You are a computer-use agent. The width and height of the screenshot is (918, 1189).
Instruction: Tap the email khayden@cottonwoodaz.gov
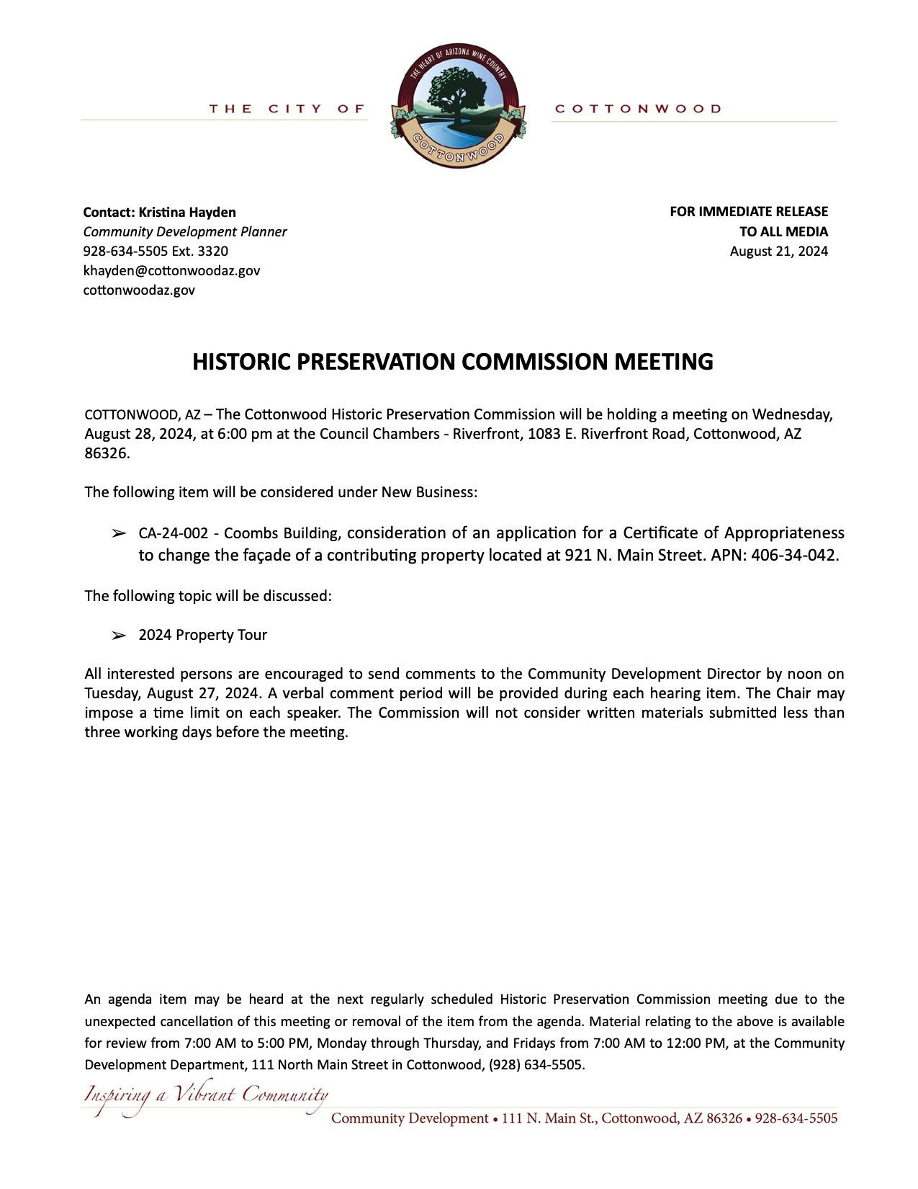pos(171,270)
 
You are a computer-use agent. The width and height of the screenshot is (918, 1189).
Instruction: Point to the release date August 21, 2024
pos(778,251)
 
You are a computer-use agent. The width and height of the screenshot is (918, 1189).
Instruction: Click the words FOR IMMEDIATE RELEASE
pos(748,212)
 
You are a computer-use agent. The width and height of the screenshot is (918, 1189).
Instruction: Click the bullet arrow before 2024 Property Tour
pos(118,636)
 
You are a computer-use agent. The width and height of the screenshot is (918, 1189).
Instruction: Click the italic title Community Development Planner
pos(185,231)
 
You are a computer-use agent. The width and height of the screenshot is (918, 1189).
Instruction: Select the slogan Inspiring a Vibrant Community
pos(206,1097)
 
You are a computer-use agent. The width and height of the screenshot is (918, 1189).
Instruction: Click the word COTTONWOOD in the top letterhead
pos(638,109)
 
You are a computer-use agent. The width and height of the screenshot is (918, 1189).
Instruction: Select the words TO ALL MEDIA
pos(783,231)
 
